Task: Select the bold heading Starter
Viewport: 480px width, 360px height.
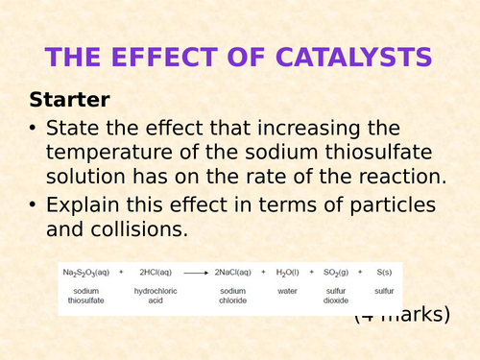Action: click(x=69, y=99)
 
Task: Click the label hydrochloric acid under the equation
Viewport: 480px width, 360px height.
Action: click(x=154, y=295)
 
